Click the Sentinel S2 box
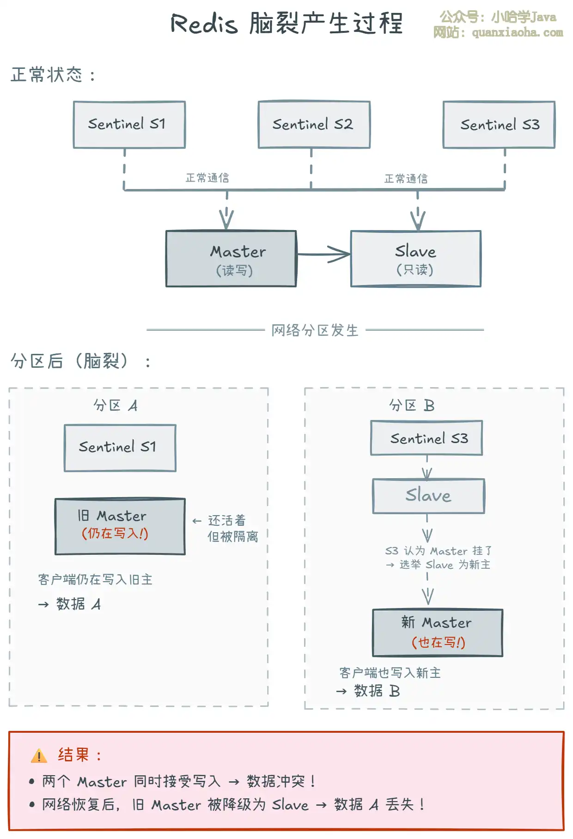coord(314,125)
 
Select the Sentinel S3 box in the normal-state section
coord(499,125)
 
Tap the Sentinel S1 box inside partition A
coord(120,448)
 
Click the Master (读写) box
coord(231,259)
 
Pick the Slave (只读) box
coord(415,259)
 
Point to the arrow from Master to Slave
coord(323,254)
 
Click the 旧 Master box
coord(120,526)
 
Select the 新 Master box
coord(437,632)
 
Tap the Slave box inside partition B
coord(428,496)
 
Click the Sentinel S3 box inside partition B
coord(427,438)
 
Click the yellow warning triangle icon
coord(39,756)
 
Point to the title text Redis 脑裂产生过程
coord(286,23)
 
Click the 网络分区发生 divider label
coord(315,330)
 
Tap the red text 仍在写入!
coord(115,534)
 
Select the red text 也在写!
coord(438,642)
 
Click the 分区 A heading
coord(115,405)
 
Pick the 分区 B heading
coord(411,405)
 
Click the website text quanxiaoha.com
coord(517,32)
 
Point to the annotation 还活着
coord(226,521)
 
